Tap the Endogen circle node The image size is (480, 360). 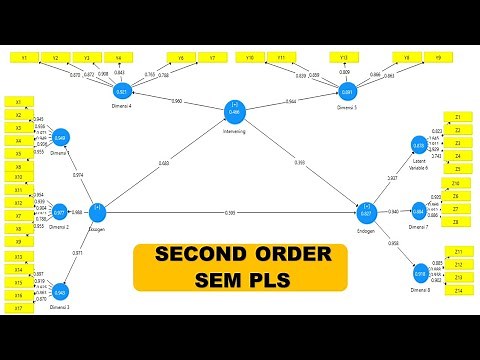[367, 211]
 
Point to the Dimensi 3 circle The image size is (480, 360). [61, 292]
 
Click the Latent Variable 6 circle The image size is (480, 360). [419, 146]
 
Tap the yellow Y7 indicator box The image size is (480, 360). [212, 58]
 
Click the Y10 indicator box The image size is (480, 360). [252, 58]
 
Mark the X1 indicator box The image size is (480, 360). [18, 102]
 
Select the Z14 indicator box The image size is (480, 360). [457, 289]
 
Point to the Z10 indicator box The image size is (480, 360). [457, 184]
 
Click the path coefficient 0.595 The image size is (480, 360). [230, 213]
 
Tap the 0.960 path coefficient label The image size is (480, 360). [177, 102]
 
